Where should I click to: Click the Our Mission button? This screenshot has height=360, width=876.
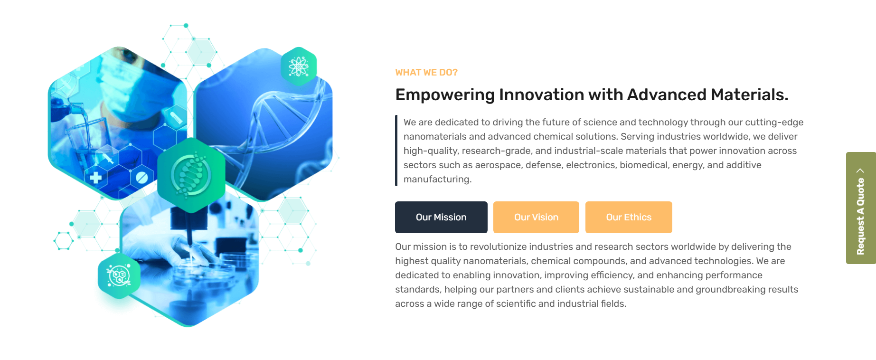tap(441, 217)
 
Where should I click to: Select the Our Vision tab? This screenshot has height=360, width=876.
tap(536, 217)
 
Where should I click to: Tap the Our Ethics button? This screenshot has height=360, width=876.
tap(629, 217)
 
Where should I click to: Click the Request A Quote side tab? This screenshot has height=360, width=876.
tap(861, 208)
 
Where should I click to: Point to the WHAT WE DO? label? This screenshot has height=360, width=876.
tap(426, 72)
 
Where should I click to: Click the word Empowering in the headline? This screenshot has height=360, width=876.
tap(445, 95)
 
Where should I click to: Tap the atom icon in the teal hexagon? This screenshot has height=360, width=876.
tap(299, 66)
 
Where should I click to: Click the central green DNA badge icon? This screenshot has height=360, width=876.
tap(191, 175)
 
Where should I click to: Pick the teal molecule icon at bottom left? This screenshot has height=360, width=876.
tap(119, 276)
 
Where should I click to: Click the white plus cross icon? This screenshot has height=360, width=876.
tap(96, 178)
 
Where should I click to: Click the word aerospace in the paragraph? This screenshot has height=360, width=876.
tap(498, 165)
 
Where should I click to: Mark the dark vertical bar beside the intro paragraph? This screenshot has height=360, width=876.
tap(396, 151)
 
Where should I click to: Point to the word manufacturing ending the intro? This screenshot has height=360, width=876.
tap(437, 180)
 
